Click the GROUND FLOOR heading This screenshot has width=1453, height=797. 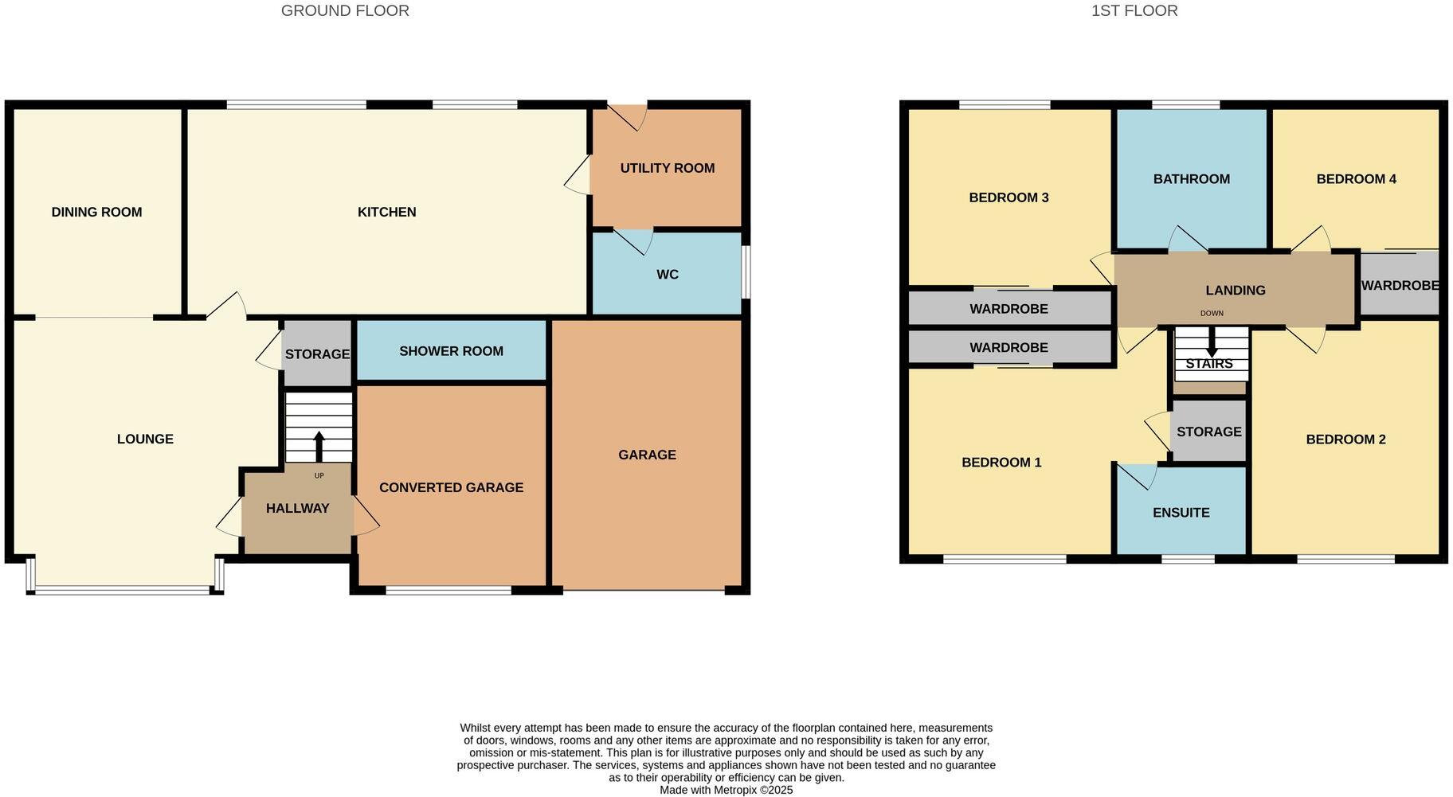tap(345, 11)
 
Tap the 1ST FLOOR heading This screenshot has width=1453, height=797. tap(1134, 11)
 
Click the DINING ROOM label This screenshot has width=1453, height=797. tap(96, 212)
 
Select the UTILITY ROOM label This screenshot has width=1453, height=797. tap(667, 168)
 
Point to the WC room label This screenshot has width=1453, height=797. tap(667, 275)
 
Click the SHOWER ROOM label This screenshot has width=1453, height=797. tap(451, 351)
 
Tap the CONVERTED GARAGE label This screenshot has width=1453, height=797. tap(451, 487)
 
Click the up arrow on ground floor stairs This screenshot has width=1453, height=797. tap(319, 446)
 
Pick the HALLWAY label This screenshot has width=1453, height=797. tap(297, 508)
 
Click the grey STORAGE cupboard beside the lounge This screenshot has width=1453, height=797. tap(317, 354)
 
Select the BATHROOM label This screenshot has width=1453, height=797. tap(1191, 179)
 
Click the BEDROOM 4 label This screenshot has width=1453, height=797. tap(1356, 179)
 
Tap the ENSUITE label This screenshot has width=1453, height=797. tap(1181, 513)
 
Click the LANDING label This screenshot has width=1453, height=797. tap(1235, 291)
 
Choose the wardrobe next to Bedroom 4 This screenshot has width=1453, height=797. tap(1400, 285)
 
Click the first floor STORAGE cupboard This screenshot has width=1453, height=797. tap(1208, 432)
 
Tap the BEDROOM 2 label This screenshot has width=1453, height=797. tap(1345, 440)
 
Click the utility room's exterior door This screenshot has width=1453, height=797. tap(628, 116)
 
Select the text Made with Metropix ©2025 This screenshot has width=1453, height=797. tap(726, 790)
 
